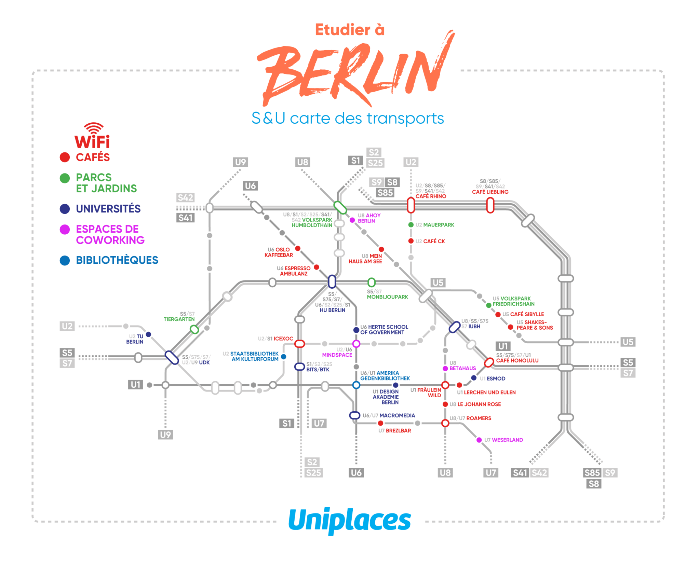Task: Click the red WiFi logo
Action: (92, 136)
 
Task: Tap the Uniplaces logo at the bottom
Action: (350, 521)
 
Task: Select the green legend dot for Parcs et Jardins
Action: (65, 178)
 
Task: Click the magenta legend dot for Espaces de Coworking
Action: (65, 230)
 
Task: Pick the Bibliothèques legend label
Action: (117, 260)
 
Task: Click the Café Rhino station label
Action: (431, 196)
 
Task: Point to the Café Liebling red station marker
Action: (490, 206)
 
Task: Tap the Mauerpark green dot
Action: (411, 225)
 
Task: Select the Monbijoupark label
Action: (387, 297)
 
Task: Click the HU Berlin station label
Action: (332, 310)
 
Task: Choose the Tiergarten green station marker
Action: (194, 329)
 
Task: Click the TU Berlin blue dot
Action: (148, 334)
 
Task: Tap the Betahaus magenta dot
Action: (445, 368)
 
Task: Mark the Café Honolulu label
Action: (517, 360)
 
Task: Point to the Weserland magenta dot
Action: (479, 440)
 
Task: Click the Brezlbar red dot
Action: (380, 423)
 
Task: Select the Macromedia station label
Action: (397, 415)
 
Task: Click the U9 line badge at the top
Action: (240, 162)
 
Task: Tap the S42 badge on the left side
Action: (185, 197)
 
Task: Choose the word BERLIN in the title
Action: (355, 68)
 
